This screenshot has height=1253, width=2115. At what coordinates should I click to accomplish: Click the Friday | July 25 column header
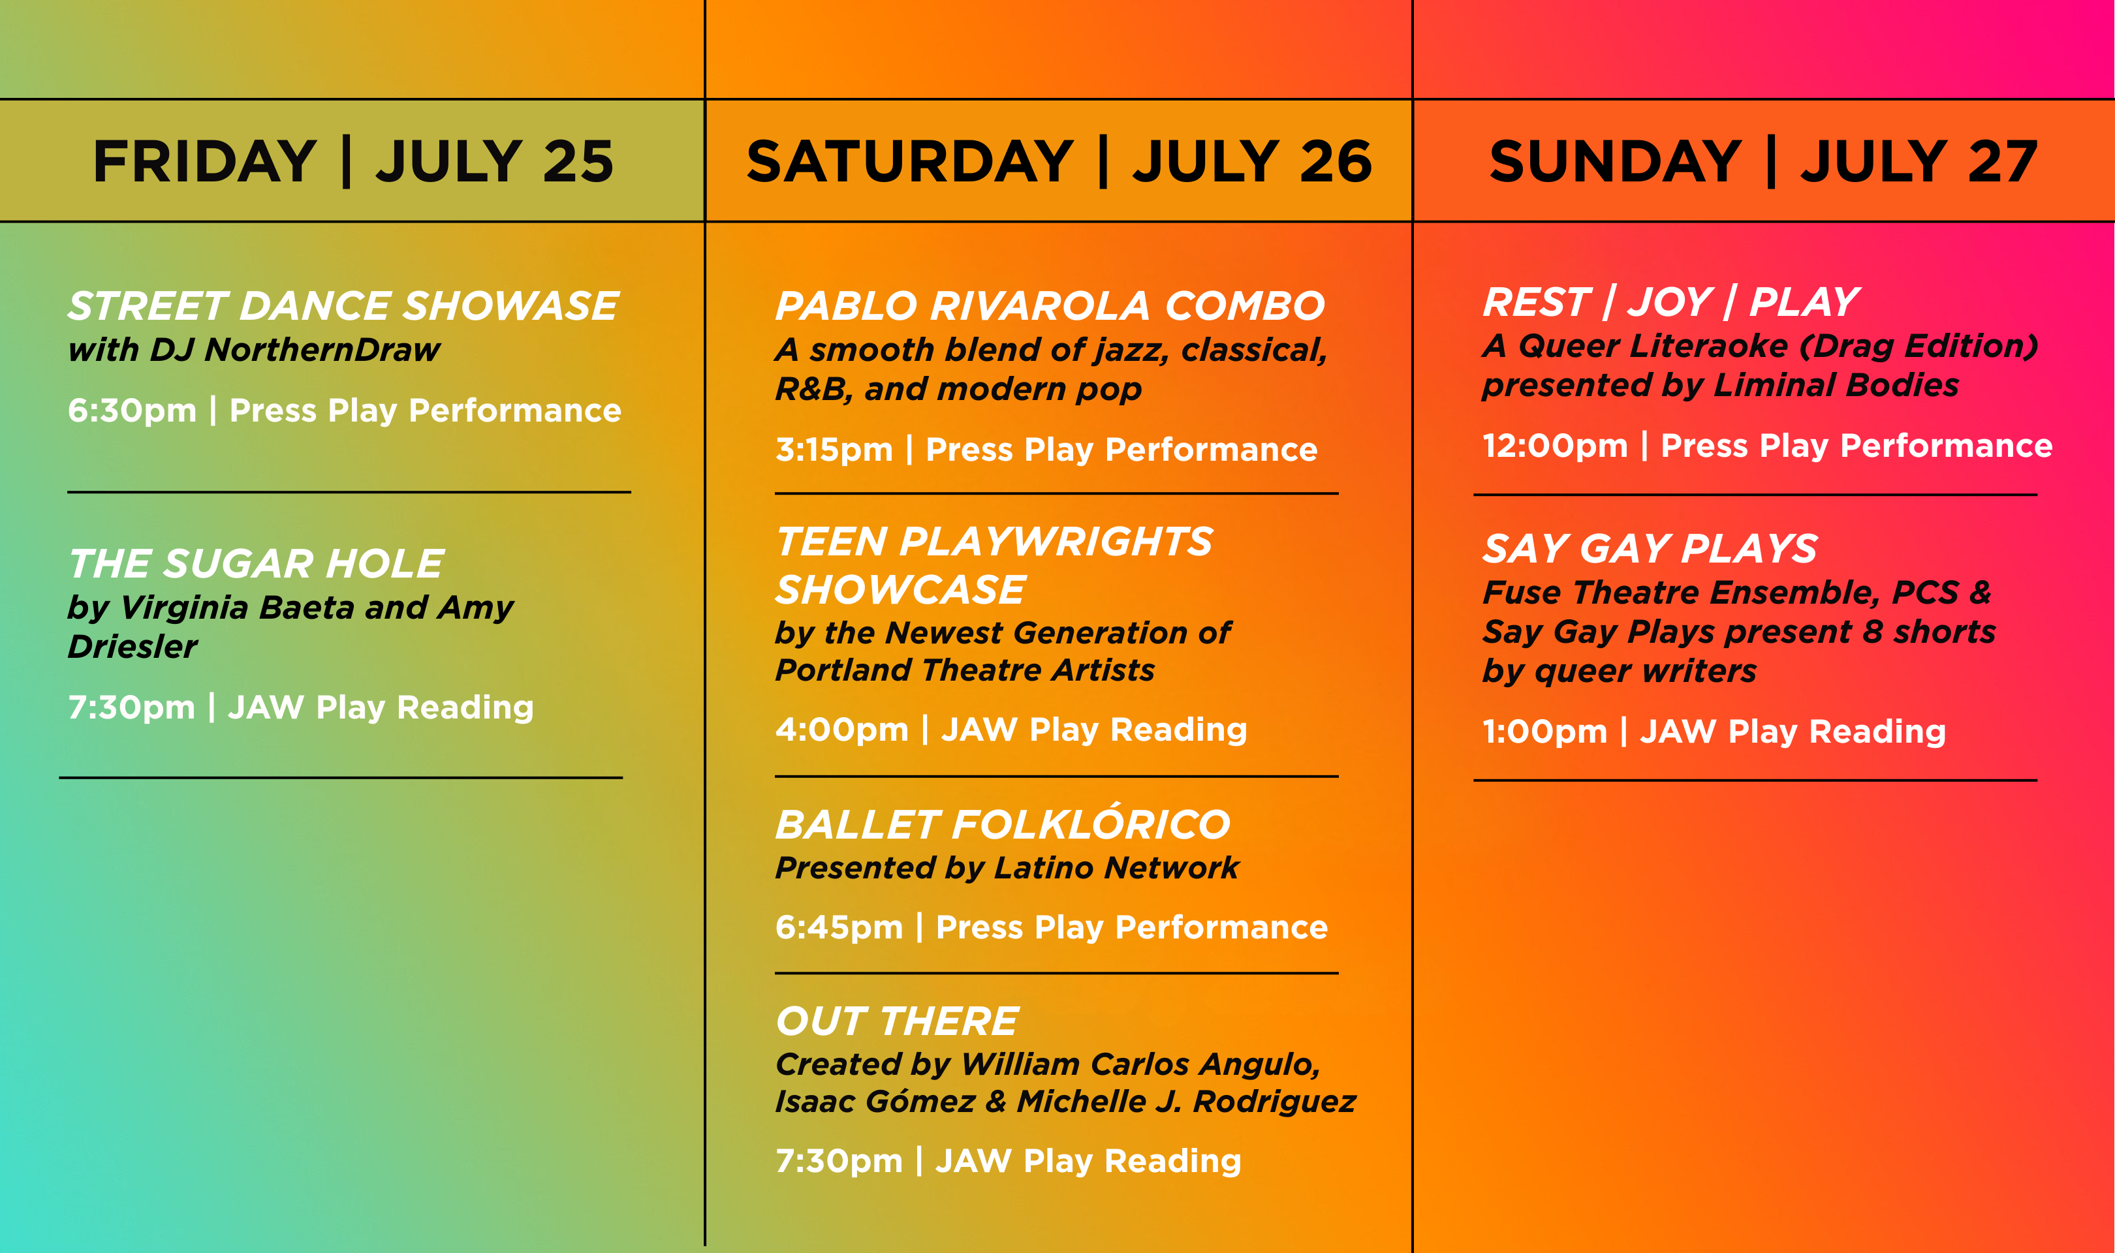[x=353, y=161]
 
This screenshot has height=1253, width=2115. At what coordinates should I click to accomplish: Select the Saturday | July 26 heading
[x=1059, y=161]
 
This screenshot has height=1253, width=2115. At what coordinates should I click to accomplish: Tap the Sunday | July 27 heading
[x=1763, y=161]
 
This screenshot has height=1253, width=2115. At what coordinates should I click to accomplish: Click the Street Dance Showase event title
[x=343, y=305]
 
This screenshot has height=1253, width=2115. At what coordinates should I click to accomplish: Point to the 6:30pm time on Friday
[x=132, y=410]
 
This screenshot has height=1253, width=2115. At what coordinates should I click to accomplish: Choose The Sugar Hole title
[x=256, y=563]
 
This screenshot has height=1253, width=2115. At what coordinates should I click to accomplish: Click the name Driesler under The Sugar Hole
[x=133, y=647]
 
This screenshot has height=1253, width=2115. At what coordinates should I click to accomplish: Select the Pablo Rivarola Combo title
[x=1050, y=305]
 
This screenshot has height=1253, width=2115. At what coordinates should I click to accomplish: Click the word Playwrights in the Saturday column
[x=1056, y=541]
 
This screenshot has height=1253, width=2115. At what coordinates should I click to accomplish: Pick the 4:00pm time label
[x=842, y=730]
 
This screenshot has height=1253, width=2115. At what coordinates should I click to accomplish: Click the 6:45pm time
[x=839, y=927]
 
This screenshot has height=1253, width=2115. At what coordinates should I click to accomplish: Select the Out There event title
[x=898, y=1021]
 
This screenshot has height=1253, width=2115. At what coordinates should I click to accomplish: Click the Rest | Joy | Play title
[x=1671, y=302]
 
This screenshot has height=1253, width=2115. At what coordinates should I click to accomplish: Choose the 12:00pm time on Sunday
[x=1555, y=446]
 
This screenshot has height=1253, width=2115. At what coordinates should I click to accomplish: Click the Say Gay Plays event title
[x=1650, y=549]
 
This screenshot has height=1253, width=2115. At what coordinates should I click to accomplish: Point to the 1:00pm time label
[x=1545, y=731]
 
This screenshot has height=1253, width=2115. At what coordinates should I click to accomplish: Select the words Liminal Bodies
[x=1836, y=385]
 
